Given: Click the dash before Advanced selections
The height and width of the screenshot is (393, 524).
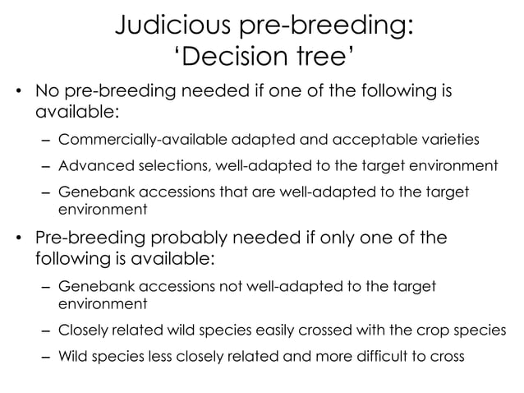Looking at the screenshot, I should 46,167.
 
